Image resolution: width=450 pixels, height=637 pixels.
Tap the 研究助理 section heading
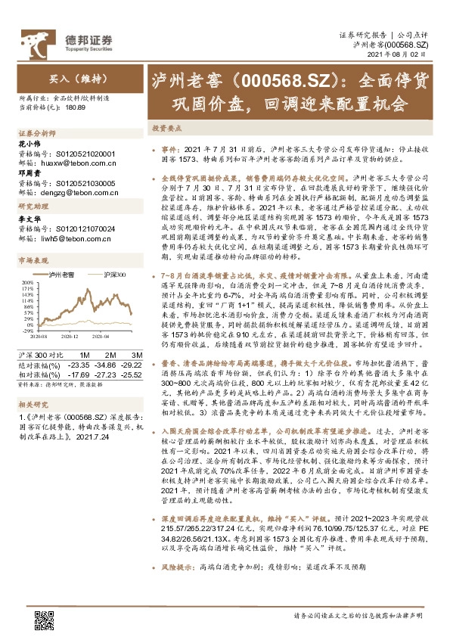click(x=33, y=207)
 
